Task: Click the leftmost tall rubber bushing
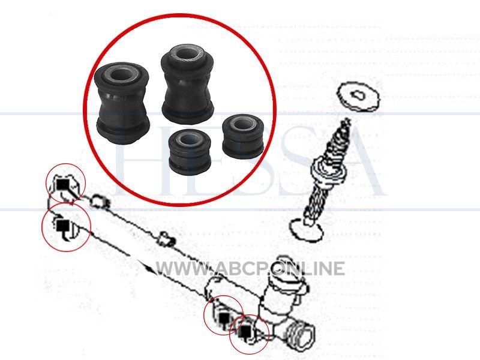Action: pyautogui.click(x=122, y=103)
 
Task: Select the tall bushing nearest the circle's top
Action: pyautogui.click(x=187, y=84)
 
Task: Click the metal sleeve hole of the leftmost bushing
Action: pyautogui.click(x=122, y=74)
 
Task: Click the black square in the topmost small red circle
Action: pyautogui.click(x=63, y=184)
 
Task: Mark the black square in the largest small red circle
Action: pyautogui.click(x=62, y=226)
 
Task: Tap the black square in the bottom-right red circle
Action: pyautogui.click(x=246, y=331)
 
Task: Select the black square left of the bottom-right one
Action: pyautogui.click(x=224, y=319)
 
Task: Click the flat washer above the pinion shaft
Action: pyautogui.click(x=358, y=97)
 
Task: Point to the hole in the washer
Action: pyautogui.click(x=358, y=95)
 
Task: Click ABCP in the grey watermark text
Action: pyautogui.click(x=238, y=269)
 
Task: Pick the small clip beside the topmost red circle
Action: pyautogui.click(x=98, y=201)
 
